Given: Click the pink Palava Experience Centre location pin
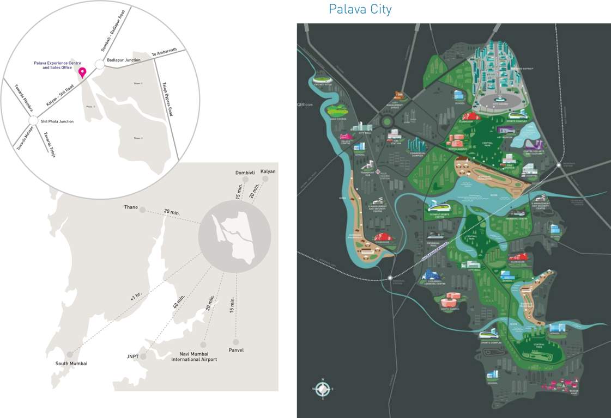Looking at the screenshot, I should (x=82, y=72).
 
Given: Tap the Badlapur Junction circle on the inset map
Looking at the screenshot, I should (x=99, y=65).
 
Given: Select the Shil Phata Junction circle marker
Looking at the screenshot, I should (x=33, y=121).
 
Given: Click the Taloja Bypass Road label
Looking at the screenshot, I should (x=167, y=99).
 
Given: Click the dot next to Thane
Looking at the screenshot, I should (x=143, y=210).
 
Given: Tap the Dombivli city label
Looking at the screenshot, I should (x=245, y=173).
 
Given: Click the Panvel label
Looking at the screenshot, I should (x=236, y=350).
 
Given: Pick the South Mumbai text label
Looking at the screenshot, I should (x=71, y=364).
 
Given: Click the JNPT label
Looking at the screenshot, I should (x=132, y=357).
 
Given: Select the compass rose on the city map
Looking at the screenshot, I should (x=323, y=389).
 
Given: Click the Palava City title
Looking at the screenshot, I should (x=360, y=9).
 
